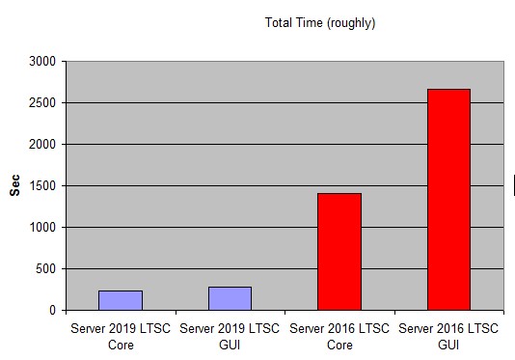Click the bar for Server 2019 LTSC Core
pyautogui.click(x=121, y=300)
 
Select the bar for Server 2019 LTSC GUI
pyautogui.click(x=230, y=298)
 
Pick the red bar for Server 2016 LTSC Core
pyautogui.click(x=339, y=252)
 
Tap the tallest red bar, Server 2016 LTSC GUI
pyautogui.click(x=449, y=200)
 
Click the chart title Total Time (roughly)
pyautogui.click(x=320, y=23)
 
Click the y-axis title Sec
pyautogui.click(x=14, y=185)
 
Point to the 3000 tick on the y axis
pyautogui.click(x=42, y=62)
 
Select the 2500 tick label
pyautogui.click(x=42, y=103)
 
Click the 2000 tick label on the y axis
pyautogui.click(x=42, y=145)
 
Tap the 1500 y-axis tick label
pyautogui.click(x=42, y=185)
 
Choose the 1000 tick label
pyautogui.click(x=42, y=227)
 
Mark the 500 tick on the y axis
pyautogui.click(x=46, y=269)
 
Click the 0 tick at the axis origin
pyautogui.click(x=52, y=311)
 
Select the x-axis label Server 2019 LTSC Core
pyautogui.click(x=121, y=337)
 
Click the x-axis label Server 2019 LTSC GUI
pyautogui.click(x=230, y=337)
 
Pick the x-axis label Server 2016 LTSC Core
pyautogui.click(x=339, y=337)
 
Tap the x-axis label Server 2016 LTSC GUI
pyautogui.click(x=448, y=337)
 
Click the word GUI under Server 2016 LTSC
pyautogui.click(x=448, y=346)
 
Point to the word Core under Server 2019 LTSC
pyautogui.click(x=121, y=346)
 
